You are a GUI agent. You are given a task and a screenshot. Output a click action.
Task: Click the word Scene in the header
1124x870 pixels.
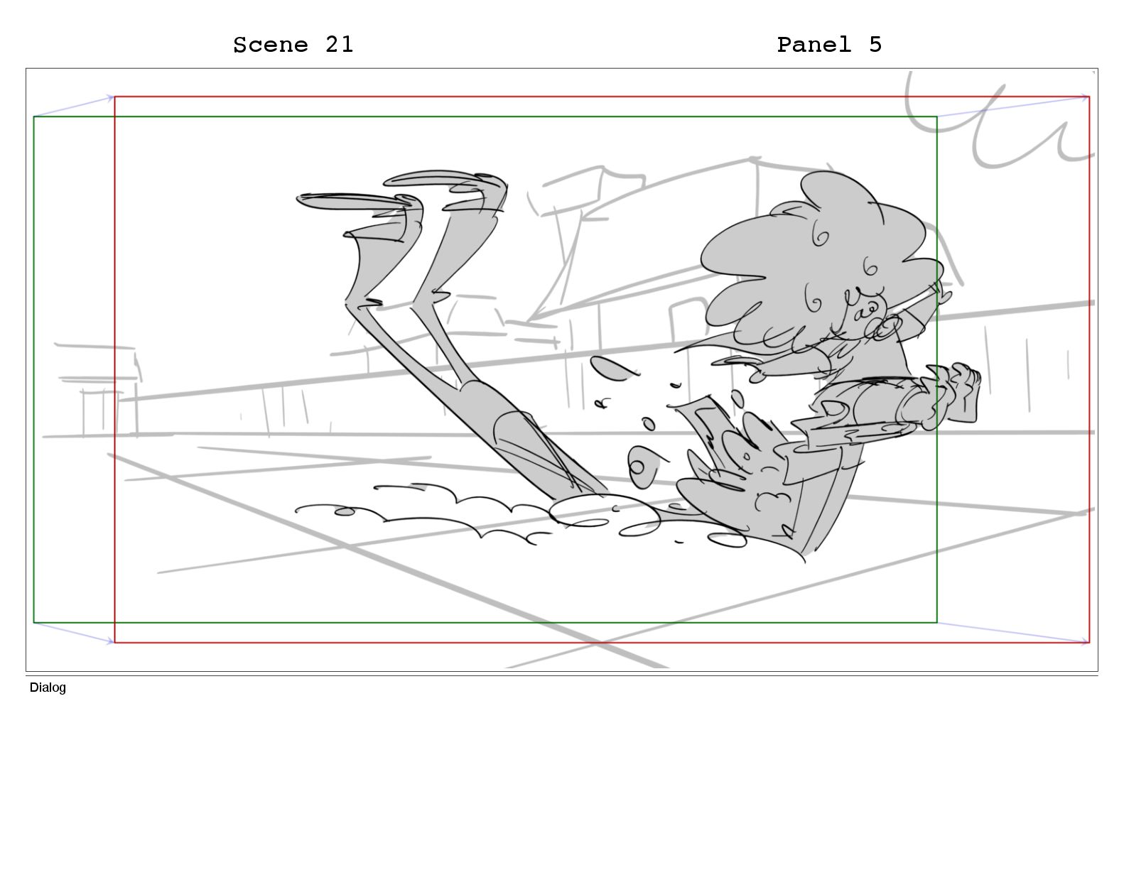pos(271,45)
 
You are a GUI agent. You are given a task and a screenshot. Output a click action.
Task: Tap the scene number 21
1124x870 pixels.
pos(340,45)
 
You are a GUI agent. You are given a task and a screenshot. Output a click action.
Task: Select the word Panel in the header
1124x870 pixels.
pos(814,45)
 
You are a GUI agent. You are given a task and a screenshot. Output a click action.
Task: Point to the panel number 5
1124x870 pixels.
pos(875,45)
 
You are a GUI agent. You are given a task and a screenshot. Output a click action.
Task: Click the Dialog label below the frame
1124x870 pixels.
pos(48,687)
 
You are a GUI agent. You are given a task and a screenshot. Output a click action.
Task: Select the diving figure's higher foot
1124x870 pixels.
pos(445,182)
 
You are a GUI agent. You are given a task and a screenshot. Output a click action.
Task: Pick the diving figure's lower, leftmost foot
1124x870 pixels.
pos(357,202)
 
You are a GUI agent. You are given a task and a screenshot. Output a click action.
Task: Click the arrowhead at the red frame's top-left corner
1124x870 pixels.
pos(110,97)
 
